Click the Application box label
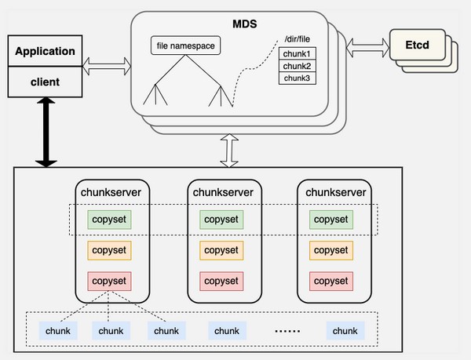45,53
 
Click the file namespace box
185,45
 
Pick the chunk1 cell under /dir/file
298,53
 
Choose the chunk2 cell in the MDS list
298,66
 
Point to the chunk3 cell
298,78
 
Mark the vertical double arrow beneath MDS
229,149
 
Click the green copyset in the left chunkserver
109,220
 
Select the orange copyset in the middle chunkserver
220,250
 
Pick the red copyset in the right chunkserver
330,280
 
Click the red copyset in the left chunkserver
109,280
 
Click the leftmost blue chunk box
57,331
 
